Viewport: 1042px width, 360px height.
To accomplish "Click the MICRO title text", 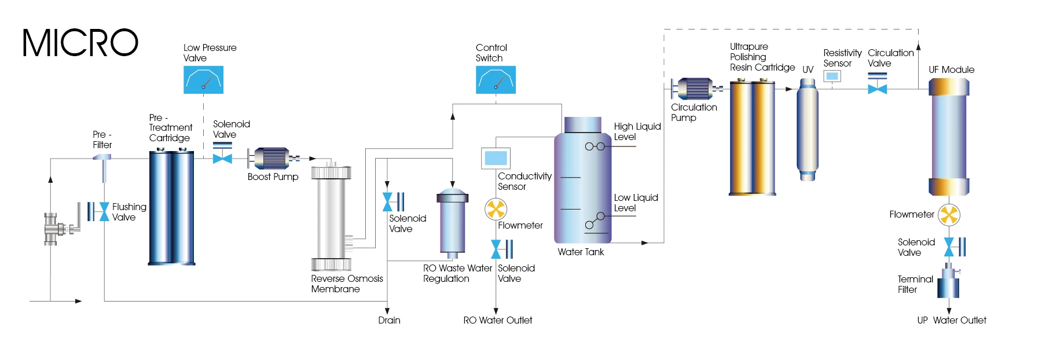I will pyautogui.click(x=80, y=43).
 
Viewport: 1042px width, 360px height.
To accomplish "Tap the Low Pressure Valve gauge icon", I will pyautogui.click(x=203, y=80).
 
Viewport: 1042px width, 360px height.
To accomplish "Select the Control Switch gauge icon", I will pyautogui.click(x=496, y=80).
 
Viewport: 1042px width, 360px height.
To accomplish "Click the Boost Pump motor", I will pyautogui.click(x=272, y=158).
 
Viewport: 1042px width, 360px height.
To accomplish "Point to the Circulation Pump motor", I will pyautogui.click(x=695, y=89).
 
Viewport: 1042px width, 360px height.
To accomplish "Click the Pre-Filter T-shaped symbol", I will pyautogui.click(x=103, y=166).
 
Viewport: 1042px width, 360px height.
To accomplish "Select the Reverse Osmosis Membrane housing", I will pyautogui.click(x=331, y=217).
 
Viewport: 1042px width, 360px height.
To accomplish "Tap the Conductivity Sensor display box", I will pyautogui.click(x=496, y=158).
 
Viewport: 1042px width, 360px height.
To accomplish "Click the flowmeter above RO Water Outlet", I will pyautogui.click(x=496, y=210).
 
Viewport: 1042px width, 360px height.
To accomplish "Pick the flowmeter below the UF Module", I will pyautogui.click(x=949, y=215).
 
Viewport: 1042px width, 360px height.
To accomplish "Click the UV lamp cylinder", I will pyautogui.click(x=807, y=130).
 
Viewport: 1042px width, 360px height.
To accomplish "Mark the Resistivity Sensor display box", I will pyautogui.click(x=832, y=76).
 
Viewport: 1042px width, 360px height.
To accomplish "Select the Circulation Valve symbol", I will pyautogui.click(x=878, y=85).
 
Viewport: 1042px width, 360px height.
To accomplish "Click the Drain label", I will pyautogui.click(x=389, y=320).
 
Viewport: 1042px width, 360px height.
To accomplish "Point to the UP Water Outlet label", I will pyautogui.click(x=952, y=320).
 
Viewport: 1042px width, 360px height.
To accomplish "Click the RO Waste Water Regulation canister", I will pyautogui.click(x=452, y=223).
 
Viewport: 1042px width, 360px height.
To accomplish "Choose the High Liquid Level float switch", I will pyautogui.click(x=595, y=146).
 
